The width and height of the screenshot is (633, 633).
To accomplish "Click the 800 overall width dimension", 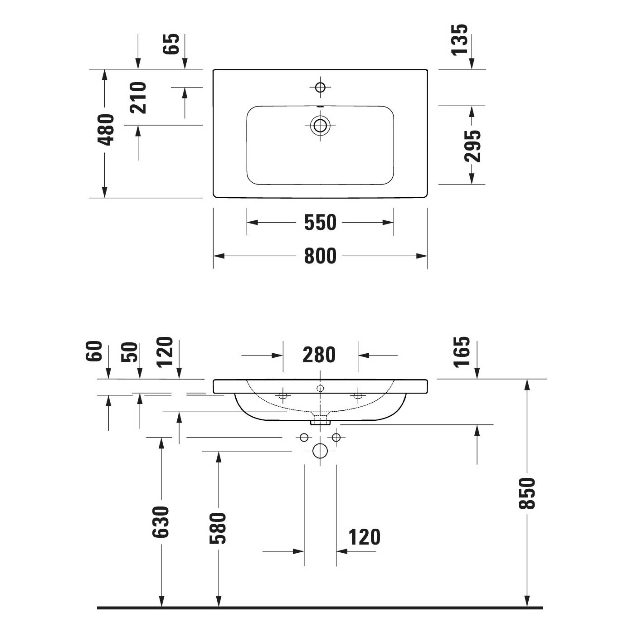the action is [x=320, y=256].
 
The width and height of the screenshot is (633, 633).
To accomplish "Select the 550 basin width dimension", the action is [x=320, y=222].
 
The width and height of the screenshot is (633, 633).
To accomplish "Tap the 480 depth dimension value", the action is [x=106, y=130].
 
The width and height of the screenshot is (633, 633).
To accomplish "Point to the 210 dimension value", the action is [x=138, y=97].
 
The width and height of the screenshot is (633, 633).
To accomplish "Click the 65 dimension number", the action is [x=171, y=44].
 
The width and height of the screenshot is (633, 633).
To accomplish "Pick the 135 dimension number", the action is [x=459, y=39].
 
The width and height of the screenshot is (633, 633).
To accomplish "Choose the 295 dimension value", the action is [x=472, y=146].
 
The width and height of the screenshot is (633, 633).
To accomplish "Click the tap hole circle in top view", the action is [x=320, y=88].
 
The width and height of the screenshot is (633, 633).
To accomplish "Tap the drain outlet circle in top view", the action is [x=320, y=125].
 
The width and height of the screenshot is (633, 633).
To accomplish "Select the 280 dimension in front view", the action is [x=319, y=355].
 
